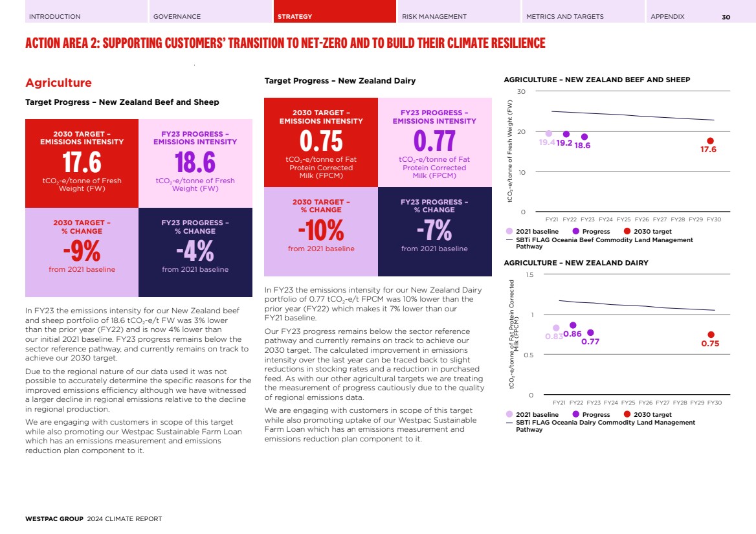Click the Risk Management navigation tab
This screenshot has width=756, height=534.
434,16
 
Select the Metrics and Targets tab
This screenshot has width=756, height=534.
564,16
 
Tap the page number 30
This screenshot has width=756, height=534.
726,17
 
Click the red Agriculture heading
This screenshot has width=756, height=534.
58,83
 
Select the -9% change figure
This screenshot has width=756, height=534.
82,250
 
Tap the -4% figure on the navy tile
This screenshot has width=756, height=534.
195,250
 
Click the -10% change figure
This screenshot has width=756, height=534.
320,230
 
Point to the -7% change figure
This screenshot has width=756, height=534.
434,230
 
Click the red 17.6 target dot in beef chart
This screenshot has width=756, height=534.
710,140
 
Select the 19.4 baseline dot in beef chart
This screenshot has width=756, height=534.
549,133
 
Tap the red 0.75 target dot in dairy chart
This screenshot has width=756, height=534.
711,335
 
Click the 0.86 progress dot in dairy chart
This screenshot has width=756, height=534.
573,325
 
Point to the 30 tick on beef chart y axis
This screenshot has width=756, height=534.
521,91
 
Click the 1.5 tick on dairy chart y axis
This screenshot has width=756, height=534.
529,275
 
